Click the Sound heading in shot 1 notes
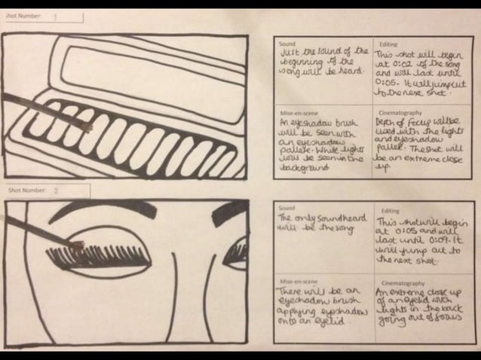[287, 44]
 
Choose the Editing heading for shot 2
[390, 211]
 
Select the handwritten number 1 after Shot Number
[55, 17]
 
